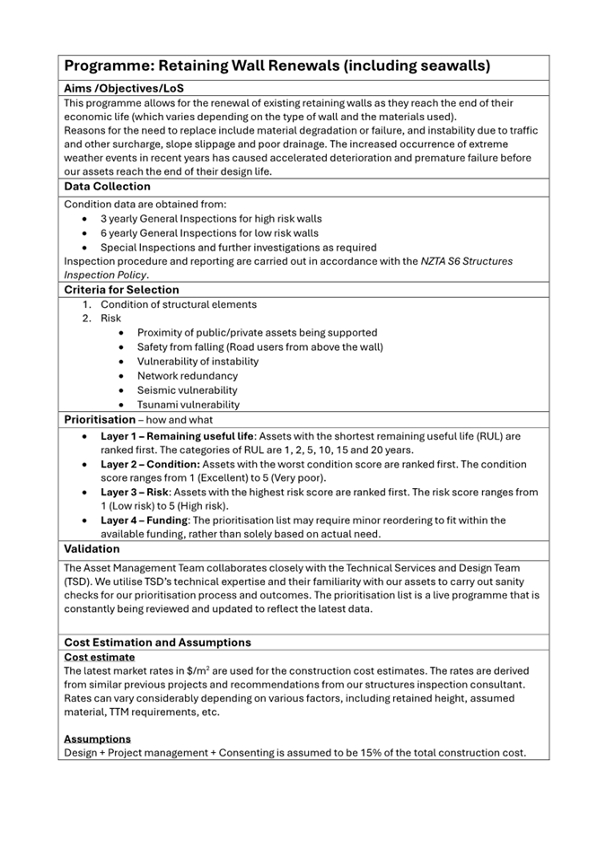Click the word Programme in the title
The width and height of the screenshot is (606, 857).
point(107,66)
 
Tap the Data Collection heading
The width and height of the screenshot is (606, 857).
point(107,187)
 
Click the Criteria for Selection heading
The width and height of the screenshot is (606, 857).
point(121,290)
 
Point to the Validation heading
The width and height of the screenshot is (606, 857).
point(92,548)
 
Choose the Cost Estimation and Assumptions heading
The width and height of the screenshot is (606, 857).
point(157,643)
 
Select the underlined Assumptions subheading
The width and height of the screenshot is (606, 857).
point(97,739)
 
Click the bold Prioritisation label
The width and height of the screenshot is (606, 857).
point(99,419)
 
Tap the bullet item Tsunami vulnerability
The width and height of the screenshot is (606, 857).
point(188,405)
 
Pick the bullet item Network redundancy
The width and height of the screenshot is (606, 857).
point(187,376)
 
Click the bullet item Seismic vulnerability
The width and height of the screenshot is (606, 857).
point(187,390)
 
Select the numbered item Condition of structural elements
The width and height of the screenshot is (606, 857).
point(178,304)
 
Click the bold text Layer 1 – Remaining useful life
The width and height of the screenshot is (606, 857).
point(177,436)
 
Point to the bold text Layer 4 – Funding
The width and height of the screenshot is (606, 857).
point(145,520)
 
